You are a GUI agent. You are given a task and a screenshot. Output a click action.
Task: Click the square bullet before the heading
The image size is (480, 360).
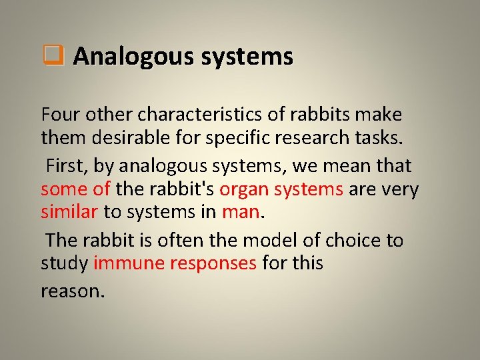click(53, 56)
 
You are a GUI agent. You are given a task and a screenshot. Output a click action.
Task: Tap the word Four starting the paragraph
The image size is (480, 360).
click(59, 115)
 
